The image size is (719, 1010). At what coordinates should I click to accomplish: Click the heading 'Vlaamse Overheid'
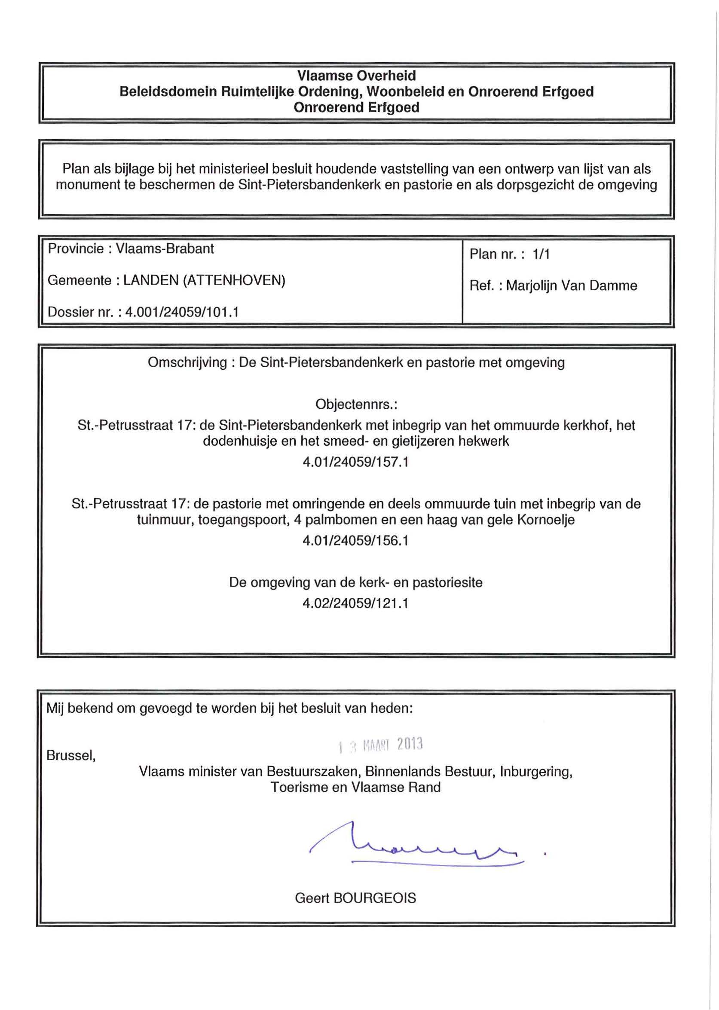click(x=356, y=76)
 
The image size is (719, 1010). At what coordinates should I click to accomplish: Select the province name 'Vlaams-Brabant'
click(x=165, y=249)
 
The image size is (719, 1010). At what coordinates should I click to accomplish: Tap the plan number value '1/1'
click(x=541, y=254)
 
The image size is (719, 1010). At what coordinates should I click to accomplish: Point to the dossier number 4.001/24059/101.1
click(x=182, y=312)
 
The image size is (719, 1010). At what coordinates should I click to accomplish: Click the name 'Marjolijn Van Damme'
click(x=572, y=286)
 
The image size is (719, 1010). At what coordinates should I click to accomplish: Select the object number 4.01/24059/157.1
click(x=355, y=462)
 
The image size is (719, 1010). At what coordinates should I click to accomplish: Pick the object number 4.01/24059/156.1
click(x=355, y=541)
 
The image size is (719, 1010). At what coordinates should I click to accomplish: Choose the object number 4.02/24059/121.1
click(x=355, y=603)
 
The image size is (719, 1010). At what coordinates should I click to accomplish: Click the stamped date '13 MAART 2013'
click(x=380, y=745)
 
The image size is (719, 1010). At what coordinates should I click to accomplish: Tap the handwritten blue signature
click(x=416, y=846)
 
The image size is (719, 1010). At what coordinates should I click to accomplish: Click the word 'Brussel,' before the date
click(x=71, y=756)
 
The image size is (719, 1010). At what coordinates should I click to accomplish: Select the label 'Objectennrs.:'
click(x=356, y=405)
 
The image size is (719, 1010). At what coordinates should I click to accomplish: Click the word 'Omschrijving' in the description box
click(x=187, y=363)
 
